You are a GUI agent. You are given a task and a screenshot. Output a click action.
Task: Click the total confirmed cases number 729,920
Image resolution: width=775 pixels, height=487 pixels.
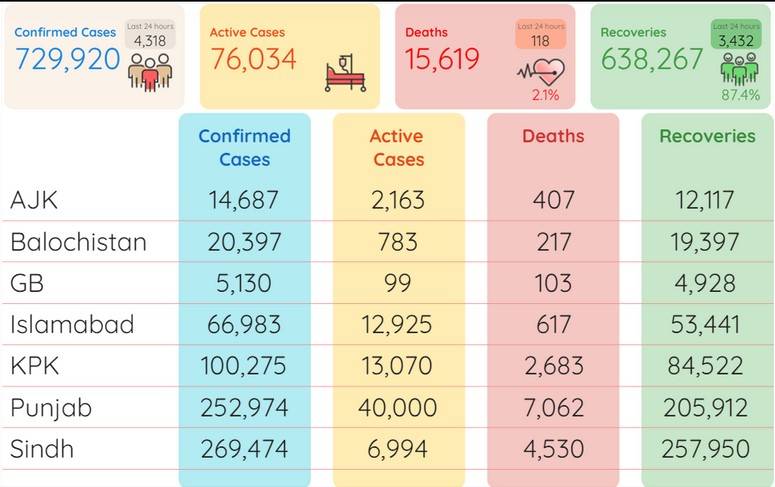[x=68, y=59]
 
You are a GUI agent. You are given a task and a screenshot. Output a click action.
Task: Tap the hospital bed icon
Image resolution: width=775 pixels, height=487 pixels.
[x=345, y=74]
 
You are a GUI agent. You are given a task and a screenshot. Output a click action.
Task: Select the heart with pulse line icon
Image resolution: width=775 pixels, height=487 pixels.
[x=541, y=73]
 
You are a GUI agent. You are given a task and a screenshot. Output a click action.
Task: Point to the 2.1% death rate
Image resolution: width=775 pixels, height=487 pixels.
[x=546, y=95]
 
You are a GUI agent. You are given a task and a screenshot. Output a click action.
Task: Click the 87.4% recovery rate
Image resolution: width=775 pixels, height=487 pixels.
[x=740, y=95]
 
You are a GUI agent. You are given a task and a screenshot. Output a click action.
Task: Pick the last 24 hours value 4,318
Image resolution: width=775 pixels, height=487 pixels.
[x=150, y=41]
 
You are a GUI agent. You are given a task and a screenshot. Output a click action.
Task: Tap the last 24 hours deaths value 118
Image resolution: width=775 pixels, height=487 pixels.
[x=540, y=41]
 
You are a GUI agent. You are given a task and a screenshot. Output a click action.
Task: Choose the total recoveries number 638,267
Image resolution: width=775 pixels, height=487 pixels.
[x=651, y=59]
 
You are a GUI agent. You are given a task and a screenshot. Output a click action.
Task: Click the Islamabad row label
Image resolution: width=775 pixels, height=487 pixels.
[x=72, y=324]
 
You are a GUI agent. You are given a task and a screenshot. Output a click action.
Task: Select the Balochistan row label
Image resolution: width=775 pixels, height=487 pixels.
[x=78, y=242]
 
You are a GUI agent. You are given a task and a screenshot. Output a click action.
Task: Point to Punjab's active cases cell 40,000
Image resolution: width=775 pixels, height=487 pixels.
[x=398, y=407]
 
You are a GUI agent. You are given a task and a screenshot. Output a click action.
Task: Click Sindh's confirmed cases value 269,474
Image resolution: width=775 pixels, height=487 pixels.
[x=244, y=449]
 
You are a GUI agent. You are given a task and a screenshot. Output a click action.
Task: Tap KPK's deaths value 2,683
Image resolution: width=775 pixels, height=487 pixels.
[x=554, y=366]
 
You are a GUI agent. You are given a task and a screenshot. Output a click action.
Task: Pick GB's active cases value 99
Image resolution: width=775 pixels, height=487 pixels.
[x=397, y=283]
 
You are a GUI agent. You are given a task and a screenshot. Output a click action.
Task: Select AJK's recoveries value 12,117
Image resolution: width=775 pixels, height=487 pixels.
[x=704, y=200]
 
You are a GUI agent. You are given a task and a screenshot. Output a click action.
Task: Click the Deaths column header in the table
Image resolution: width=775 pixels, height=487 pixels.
[x=553, y=136]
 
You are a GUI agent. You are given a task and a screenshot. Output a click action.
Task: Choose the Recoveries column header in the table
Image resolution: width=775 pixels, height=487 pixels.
[x=707, y=136]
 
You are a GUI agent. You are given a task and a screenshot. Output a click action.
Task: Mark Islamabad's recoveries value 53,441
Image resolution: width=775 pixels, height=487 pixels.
[x=705, y=324]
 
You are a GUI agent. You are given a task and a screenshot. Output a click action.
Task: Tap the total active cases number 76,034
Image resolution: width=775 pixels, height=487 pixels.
[x=254, y=59]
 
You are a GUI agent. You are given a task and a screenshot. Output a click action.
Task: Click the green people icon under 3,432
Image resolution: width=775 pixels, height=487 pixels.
[x=739, y=68]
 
